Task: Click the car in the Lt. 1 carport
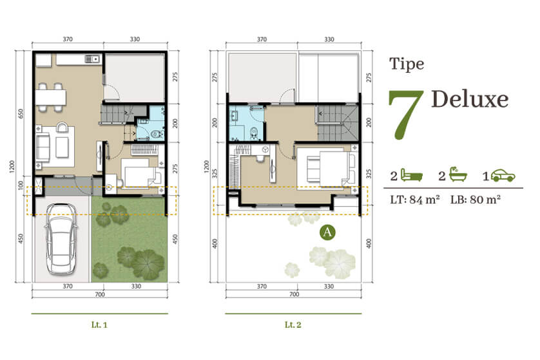(x=61, y=239)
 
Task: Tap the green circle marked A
(x=327, y=232)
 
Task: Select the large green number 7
(x=406, y=115)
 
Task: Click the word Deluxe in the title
(x=470, y=99)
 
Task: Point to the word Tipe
(x=407, y=64)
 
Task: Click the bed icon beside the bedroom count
(x=412, y=175)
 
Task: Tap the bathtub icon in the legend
(x=457, y=174)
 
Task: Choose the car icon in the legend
(x=503, y=176)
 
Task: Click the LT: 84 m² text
(x=414, y=200)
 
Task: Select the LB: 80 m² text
(x=476, y=200)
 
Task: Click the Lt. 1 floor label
(x=99, y=325)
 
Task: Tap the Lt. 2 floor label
(x=293, y=325)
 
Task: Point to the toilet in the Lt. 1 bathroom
(x=157, y=134)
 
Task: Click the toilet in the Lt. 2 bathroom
(x=254, y=133)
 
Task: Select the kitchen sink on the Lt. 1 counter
(x=92, y=59)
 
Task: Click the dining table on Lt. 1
(x=51, y=97)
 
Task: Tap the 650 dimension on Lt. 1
(x=21, y=113)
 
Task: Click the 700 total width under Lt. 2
(x=294, y=294)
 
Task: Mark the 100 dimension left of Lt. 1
(x=21, y=185)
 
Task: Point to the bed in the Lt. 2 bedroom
(x=327, y=167)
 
